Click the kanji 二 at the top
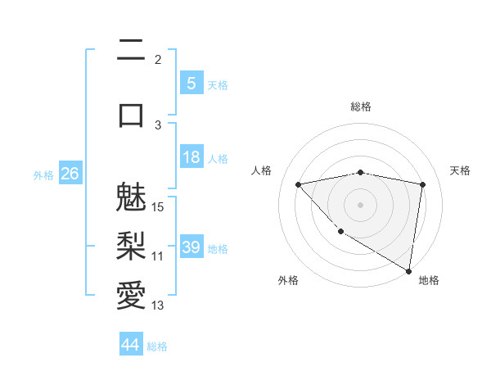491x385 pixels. [131, 52]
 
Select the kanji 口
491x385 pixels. [131, 113]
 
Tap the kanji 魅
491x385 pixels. [131, 199]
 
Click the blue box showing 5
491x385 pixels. [191, 84]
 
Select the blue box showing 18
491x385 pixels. [191, 157]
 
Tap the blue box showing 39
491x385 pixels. [191, 247]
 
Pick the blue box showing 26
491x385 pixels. [70, 174]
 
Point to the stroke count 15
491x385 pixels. [158, 206]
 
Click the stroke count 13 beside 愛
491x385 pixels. [158, 306]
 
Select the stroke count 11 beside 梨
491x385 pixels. [158, 256]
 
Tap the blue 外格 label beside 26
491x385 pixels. [43, 174]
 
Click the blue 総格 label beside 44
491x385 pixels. [157, 346]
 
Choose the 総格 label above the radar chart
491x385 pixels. [360, 106]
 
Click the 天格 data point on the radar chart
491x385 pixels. [423, 184]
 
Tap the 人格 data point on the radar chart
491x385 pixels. [298, 184]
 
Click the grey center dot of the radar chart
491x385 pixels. [360, 204]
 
